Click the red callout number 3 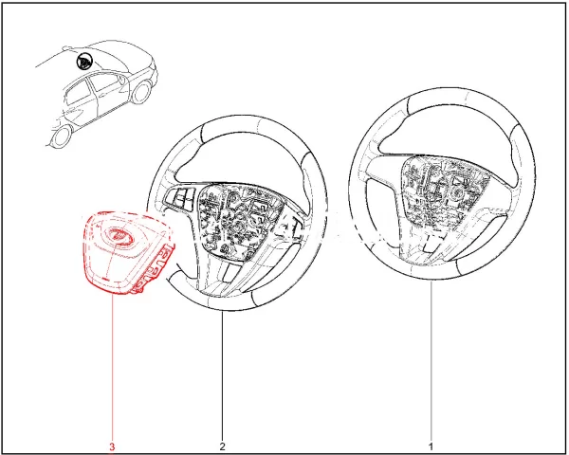click(x=112, y=446)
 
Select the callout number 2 click(x=223, y=446)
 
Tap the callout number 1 click(x=431, y=446)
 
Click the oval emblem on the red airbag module click(x=118, y=235)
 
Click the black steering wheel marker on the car click(x=84, y=61)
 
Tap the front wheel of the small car click(x=141, y=92)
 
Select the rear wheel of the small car click(x=61, y=136)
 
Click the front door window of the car click(x=104, y=82)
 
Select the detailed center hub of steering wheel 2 click(x=241, y=220)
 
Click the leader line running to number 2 click(x=223, y=376)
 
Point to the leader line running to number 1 click(x=431, y=360)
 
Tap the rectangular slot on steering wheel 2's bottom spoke click(x=230, y=272)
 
